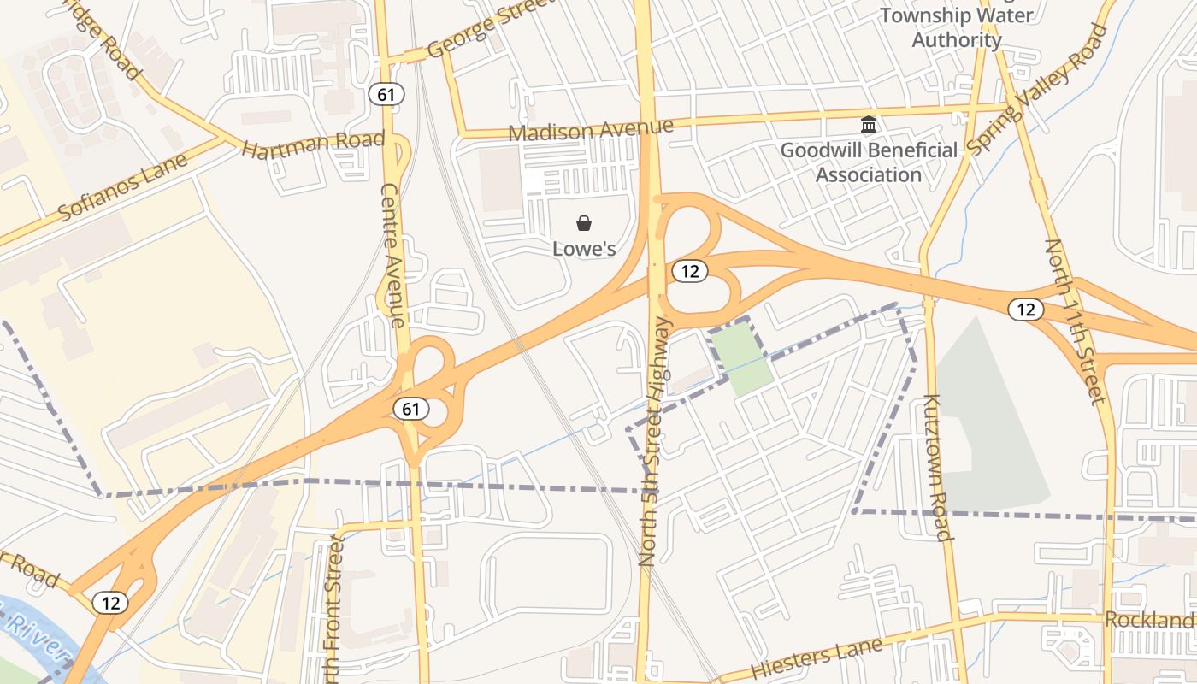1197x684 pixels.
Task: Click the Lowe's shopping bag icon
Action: [x=584, y=224]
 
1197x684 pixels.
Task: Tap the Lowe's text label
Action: [x=584, y=249]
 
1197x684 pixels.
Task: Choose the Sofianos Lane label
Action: [x=123, y=187]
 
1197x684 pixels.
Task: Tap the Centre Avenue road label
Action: [x=392, y=256]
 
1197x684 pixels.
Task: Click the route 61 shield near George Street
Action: [x=386, y=94]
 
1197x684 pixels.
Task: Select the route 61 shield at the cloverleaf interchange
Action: [x=411, y=409]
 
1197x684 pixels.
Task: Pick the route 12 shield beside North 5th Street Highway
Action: [x=690, y=272]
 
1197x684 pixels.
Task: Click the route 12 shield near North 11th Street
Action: [x=1026, y=310]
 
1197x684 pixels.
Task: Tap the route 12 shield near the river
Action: [x=110, y=603]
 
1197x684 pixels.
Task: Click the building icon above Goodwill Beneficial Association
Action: [x=869, y=126]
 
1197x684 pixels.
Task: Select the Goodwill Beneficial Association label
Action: [x=869, y=162]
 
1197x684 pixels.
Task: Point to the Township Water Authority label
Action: [x=957, y=27]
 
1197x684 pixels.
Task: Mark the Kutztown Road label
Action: [x=938, y=467]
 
